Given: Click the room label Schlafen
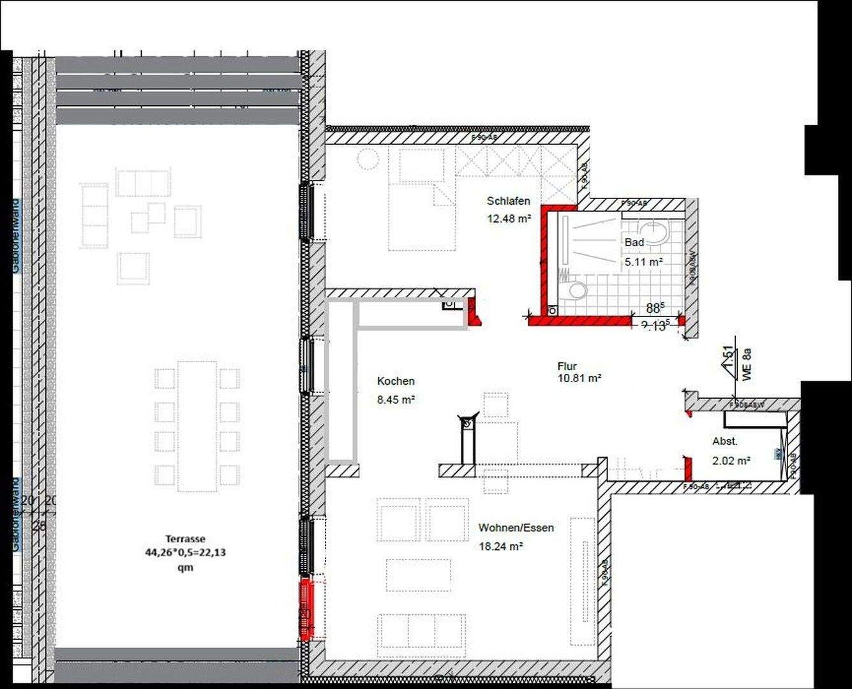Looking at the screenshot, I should [508, 201].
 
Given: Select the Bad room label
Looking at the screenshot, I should [634, 242].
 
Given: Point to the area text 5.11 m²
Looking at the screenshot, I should [643, 262].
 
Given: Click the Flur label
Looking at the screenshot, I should [567, 366].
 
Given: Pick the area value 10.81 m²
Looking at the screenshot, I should [579, 378].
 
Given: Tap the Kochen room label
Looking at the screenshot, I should [396, 381].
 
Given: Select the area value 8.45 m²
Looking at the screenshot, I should [396, 400].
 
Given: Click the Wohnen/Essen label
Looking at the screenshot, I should [516, 528].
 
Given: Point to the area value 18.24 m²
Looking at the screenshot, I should [501, 546].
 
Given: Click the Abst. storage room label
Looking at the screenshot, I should [725, 441].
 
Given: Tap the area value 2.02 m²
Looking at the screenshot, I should [731, 459].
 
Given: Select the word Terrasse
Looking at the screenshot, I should [185, 539].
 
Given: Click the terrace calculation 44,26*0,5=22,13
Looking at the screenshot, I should [185, 552].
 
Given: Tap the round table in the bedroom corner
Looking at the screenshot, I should [368, 158].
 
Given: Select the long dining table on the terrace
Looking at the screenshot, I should [197, 426].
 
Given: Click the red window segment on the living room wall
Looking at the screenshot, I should [306, 609].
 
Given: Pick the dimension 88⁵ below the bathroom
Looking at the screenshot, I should [654, 308].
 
